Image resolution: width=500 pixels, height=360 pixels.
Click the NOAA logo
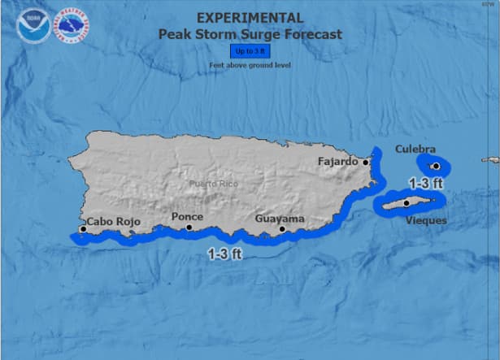click(x=32, y=26)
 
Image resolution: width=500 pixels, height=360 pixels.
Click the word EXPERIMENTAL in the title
click(x=250, y=18)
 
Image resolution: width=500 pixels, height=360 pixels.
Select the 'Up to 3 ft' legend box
click(x=250, y=51)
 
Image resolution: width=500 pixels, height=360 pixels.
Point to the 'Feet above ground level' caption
click(x=250, y=65)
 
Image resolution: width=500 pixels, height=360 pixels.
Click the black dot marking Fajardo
click(x=366, y=162)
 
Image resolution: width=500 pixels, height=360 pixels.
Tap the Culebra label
click(x=415, y=149)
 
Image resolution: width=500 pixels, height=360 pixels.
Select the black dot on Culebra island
click(x=436, y=166)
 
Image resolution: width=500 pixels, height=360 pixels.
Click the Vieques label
click(x=424, y=220)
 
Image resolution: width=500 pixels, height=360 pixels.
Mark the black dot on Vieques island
click(x=407, y=203)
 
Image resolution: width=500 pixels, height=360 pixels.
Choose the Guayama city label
click(x=280, y=219)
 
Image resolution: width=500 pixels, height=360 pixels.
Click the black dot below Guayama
click(x=282, y=229)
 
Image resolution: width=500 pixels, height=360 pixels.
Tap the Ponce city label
click(x=188, y=217)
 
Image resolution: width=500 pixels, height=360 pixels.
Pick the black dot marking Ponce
click(x=189, y=228)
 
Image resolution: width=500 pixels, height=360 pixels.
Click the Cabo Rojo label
click(x=114, y=222)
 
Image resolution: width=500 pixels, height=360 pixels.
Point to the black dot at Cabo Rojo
click(x=83, y=229)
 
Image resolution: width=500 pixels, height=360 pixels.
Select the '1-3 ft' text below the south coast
click(x=224, y=253)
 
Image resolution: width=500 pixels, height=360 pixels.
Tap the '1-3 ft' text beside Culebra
click(x=425, y=183)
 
